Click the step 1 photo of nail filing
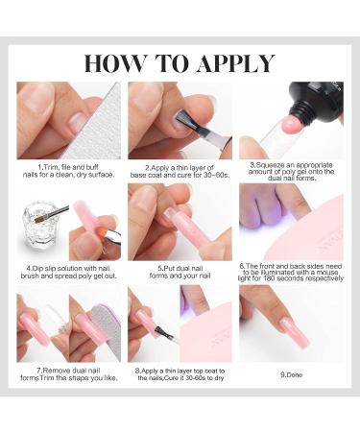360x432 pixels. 68,119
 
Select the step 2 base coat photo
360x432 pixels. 180,119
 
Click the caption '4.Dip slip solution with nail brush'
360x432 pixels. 68,272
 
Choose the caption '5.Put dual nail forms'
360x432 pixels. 180,272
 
